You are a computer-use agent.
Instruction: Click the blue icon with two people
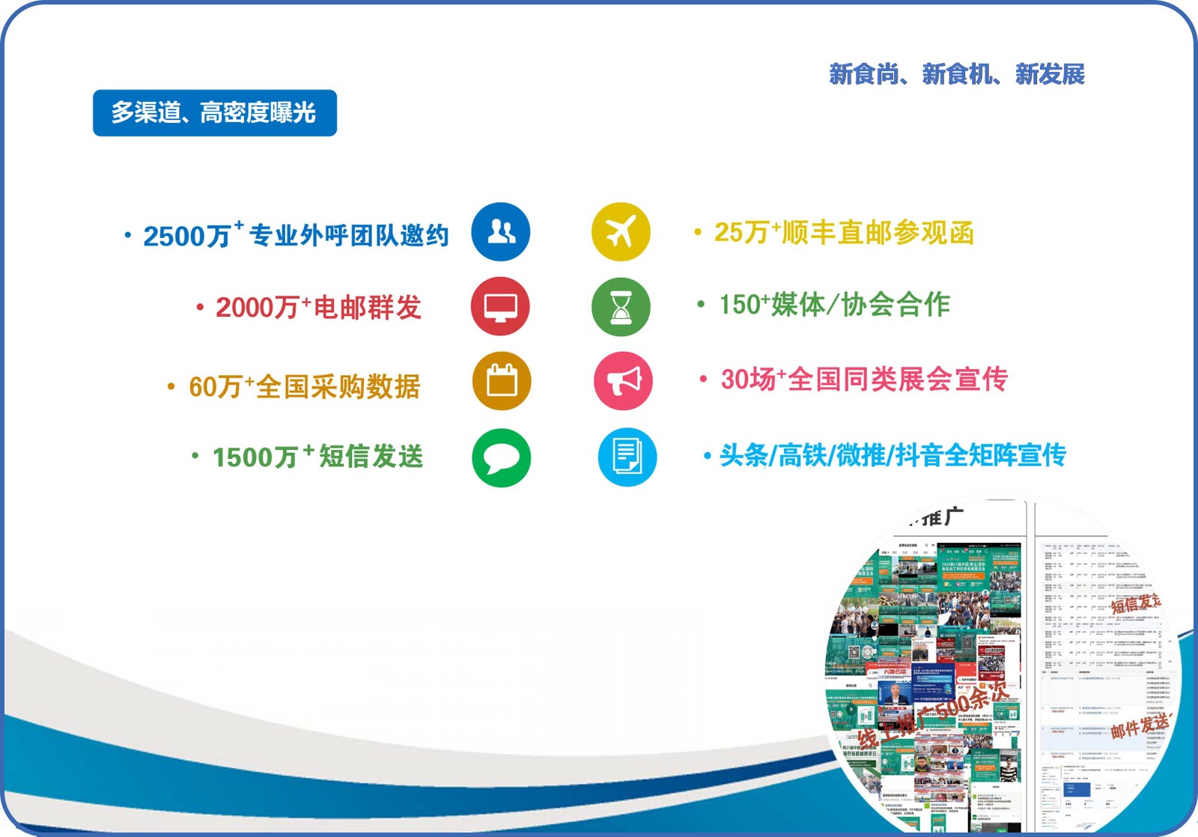click(x=501, y=232)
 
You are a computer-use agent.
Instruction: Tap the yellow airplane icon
click(x=621, y=232)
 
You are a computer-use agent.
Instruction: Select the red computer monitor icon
click(x=500, y=307)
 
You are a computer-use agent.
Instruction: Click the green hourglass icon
click(x=621, y=307)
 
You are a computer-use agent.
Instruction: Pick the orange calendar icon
click(x=502, y=381)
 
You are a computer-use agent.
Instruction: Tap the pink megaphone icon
click(x=623, y=381)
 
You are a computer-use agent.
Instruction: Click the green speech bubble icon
click(x=502, y=457)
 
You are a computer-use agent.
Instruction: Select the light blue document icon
click(x=627, y=457)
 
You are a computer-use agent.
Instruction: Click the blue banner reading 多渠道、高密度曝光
click(x=215, y=113)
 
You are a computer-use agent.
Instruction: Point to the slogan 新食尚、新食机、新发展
click(x=957, y=74)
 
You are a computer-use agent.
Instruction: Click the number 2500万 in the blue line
click(x=187, y=237)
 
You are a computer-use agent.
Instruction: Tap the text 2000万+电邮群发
click(x=318, y=308)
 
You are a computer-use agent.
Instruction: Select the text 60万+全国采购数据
click(x=304, y=387)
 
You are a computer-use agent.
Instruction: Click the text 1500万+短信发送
click(x=317, y=457)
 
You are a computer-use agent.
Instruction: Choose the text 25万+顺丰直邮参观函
click(x=844, y=233)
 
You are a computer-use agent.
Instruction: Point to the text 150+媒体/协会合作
click(x=834, y=305)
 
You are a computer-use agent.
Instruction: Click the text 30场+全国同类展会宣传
click(x=864, y=380)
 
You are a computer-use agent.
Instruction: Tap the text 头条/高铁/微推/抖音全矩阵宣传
click(x=893, y=455)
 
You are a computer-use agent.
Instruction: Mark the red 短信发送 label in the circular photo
click(x=1135, y=603)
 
